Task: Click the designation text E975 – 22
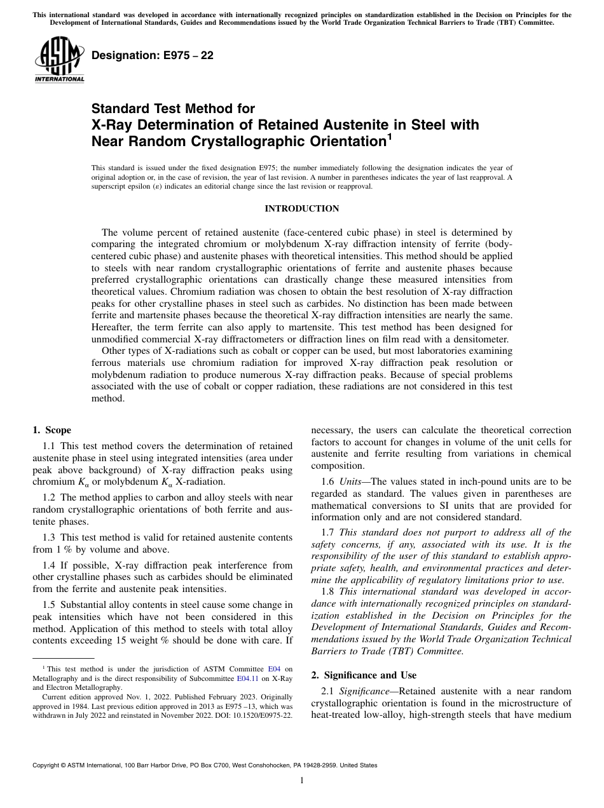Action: point(153,56)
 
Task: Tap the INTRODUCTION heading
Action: point(301,208)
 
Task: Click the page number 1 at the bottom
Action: point(302,781)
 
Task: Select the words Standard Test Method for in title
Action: point(173,109)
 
